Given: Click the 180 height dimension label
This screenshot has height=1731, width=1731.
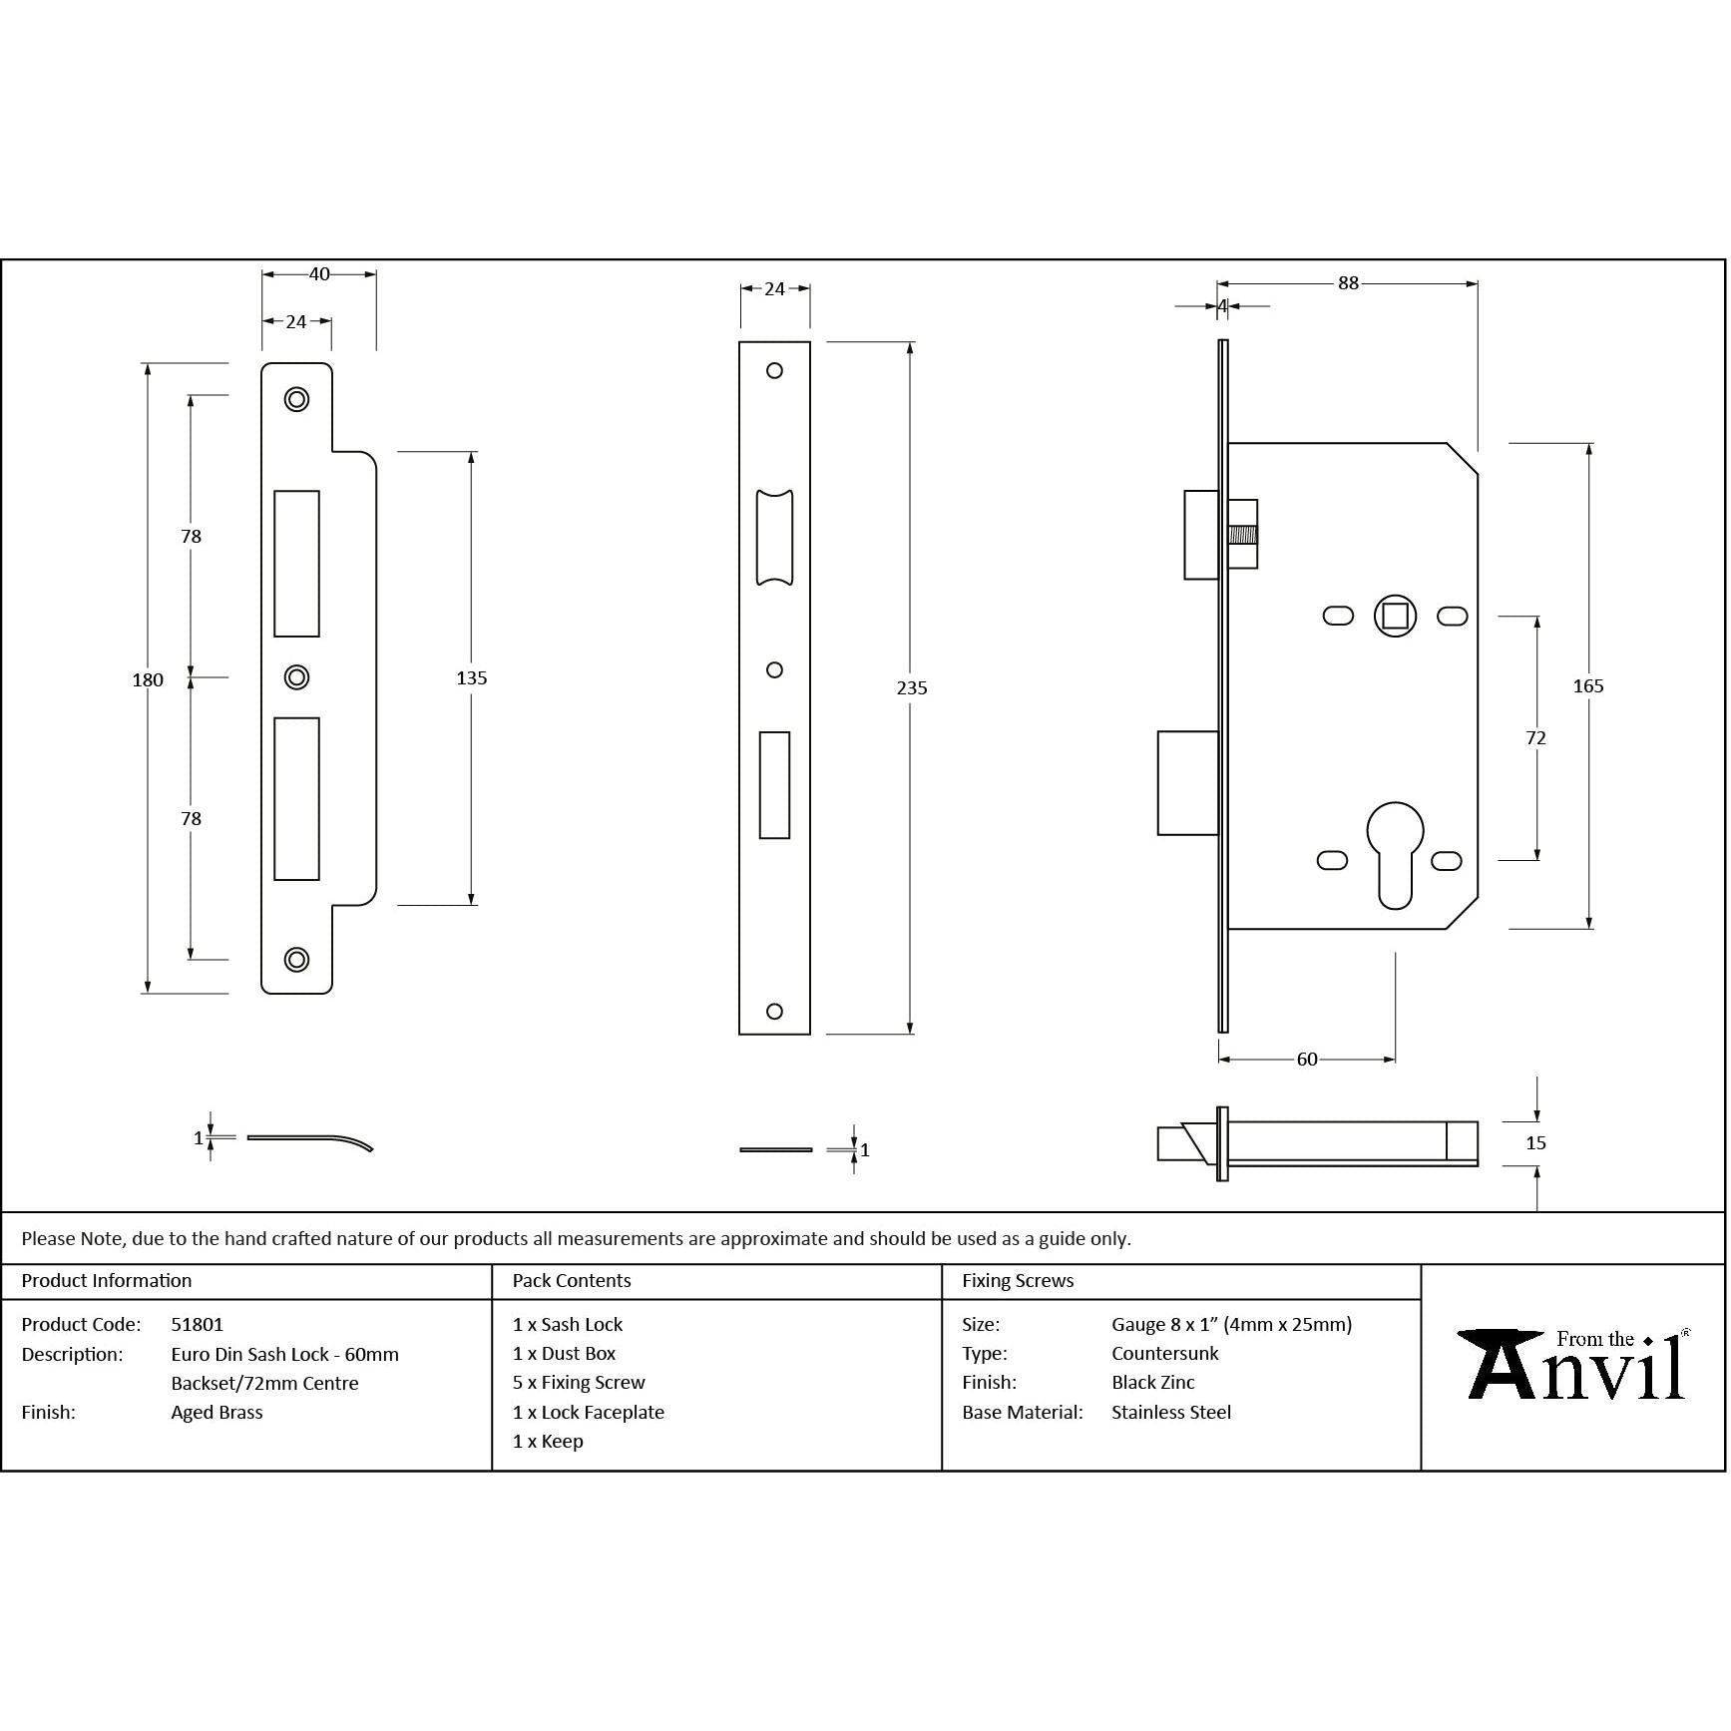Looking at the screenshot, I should pyautogui.click(x=148, y=680).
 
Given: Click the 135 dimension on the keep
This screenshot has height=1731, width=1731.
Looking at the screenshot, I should pyautogui.click(x=471, y=678).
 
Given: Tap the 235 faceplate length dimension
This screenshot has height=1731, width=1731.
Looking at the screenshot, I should pyautogui.click(x=912, y=688).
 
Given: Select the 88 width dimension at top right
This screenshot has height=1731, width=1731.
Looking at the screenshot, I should pyautogui.click(x=1348, y=283).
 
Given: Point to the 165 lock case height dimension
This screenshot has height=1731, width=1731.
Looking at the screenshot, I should pyautogui.click(x=1587, y=686).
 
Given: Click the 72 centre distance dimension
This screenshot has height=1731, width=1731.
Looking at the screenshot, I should pyautogui.click(x=1535, y=738).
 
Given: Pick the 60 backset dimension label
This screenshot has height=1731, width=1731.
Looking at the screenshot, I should pyautogui.click(x=1307, y=1060).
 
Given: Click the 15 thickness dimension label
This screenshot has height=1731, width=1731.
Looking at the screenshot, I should pyautogui.click(x=1535, y=1143).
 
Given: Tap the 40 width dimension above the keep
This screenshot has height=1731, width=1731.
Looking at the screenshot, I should pyautogui.click(x=319, y=274).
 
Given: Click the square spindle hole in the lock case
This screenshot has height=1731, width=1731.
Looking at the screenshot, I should pyautogui.click(x=1395, y=616).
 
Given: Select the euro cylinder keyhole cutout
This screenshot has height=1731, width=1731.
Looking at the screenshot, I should pyautogui.click(x=1394, y=853).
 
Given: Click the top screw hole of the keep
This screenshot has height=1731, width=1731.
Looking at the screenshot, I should pyautogui.click(x=296, y=399).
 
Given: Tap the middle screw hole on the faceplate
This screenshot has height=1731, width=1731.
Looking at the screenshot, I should pyautogui.click(x=774, y=670).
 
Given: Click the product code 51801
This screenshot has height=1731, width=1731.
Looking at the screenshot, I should pyautogui.click(x=197, y=1325).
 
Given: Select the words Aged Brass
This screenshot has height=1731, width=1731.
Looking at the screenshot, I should pyautogui.click(x=216, y=1413).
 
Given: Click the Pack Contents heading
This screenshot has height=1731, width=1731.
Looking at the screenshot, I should pyautogui.click(x=571, y=1281).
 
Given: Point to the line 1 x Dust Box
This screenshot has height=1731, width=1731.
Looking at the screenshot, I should pyautogui.click(x=564, y=1354).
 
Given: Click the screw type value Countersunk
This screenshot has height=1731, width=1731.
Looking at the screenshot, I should pyautogui.click(x=1164, y=1354).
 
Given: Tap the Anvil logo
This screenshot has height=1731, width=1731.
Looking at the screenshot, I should pyautogui.click(x=1572, y=1366).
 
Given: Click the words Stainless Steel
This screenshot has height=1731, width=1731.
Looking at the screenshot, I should pyautogui.click(x=1170, y=1413).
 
